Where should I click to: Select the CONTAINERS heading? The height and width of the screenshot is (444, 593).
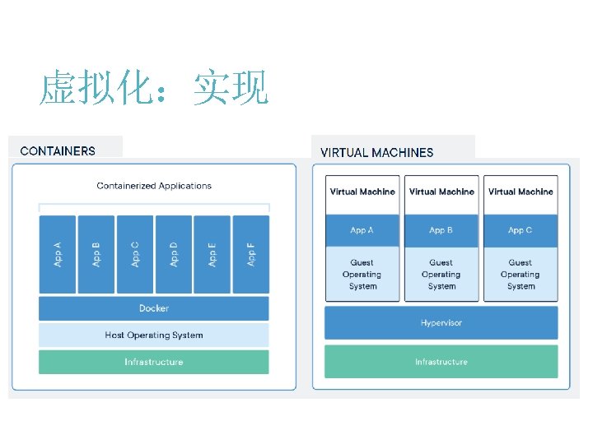pos(58,150)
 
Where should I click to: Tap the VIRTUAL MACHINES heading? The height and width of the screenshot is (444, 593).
pos(376,152)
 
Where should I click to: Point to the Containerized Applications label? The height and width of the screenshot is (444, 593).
pos(154,186)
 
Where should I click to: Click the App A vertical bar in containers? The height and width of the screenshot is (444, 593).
pos(58,253)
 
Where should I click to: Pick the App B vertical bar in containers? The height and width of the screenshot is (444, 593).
pos(96,253)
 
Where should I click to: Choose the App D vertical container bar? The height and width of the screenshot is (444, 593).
pos(174,253)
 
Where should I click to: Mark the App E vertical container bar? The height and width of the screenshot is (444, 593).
pos(212,253)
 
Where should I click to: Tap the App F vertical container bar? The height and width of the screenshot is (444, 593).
pos(251,253)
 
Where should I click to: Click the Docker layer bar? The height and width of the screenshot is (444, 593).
pos(154,308)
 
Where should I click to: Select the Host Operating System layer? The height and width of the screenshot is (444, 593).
pos(154,335)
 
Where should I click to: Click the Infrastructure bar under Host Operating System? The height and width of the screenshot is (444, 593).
pos(154,362)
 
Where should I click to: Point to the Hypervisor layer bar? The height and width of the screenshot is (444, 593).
pos(441,322)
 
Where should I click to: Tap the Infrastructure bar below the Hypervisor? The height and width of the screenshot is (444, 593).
pos(441,362)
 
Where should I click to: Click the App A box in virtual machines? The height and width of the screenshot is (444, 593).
pos(362,230)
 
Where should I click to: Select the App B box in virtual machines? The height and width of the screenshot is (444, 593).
pos(441,230)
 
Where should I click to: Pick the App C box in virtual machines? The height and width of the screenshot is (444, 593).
pos(521,230)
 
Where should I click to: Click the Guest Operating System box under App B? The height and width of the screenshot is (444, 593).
pos(441,275)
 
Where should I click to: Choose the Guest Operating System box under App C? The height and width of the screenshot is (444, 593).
pos(521,275)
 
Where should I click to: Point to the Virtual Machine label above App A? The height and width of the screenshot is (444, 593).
pos(362,192)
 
